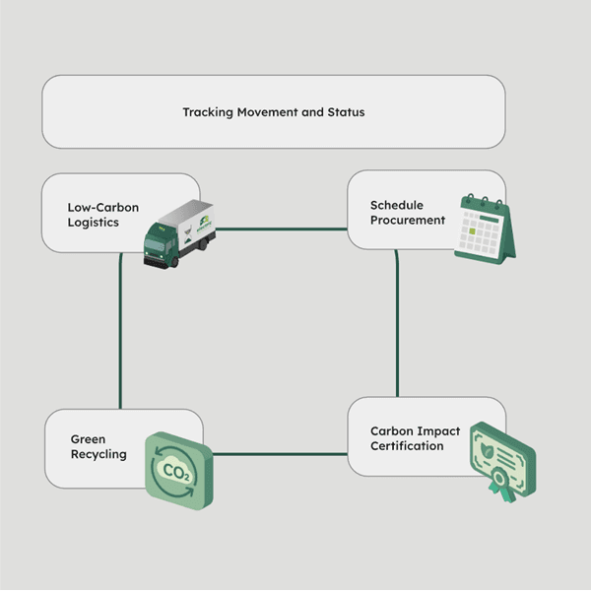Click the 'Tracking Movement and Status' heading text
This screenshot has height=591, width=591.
pyautogui.click(x=273, y=112)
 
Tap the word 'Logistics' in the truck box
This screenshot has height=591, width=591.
pyautogui.click(x=93, y=223)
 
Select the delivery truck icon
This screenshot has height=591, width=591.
pyautogui.click(x=178, y=232)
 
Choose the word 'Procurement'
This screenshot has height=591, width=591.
pyautogui.click(x=408, y=220)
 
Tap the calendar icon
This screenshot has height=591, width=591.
pyautogui.click(x=484, y=229)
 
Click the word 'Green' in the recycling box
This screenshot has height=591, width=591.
pyautogui.click(x=88, y=439)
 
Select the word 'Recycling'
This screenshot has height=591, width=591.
pyautogui.click(x=98, y=454)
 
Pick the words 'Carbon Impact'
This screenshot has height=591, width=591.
pyautogui.click(x=414, y=431)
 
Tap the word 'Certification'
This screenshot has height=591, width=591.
pyautogui.click(x=407, y=446)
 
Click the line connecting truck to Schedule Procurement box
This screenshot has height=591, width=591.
pyautogui.click(x=281, y=230)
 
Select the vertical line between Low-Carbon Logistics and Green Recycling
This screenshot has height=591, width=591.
pyautogui.click(x=120, y=330)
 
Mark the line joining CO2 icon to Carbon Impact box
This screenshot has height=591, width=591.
pyautogui.click(x=281, y=454)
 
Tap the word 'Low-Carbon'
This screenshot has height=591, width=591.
pyautogui.click(x=103, y=208)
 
